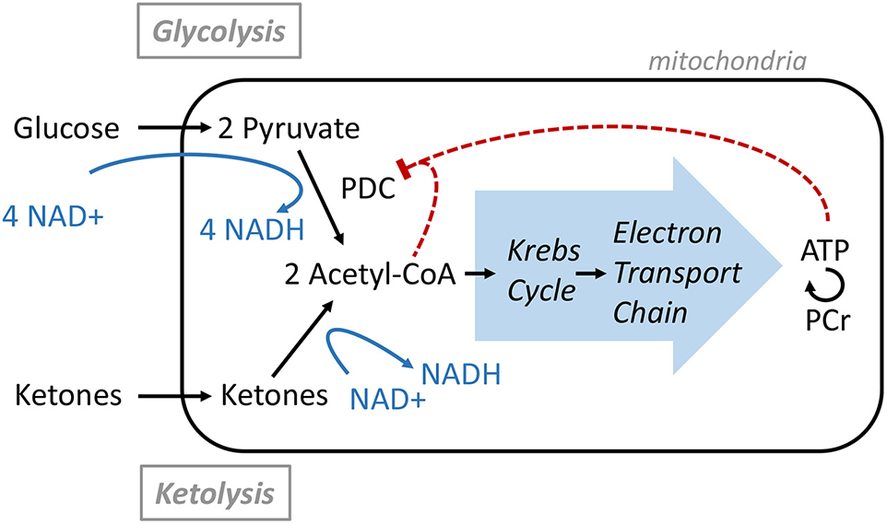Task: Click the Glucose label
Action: pyautogui.click(x=65, y=128)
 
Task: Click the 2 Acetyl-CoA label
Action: pyautogui.click(x=372, y=274)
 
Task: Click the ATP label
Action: pyautogui.click(x=827, y=250)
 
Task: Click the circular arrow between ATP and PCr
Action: pyautogui.click(x=824, y=288)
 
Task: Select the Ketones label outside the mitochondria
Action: pyautogui.click(x=69, y=397)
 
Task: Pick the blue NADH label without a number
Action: pyautogui.click(x=461, y=375)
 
